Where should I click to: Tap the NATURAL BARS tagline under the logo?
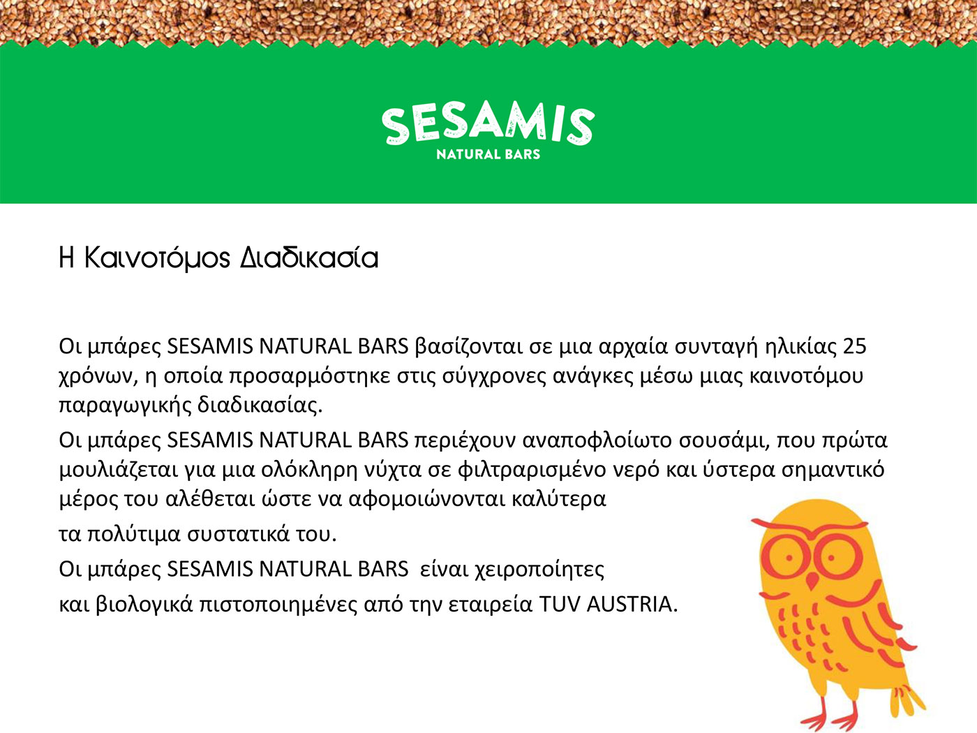pyautogui.click(x=488, y=154)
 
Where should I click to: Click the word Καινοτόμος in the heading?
pyautogui.click(x=157, y=258)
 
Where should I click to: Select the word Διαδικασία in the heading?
pyautogui.click(x=309, y=258)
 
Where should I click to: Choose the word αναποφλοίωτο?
pyautogui.click(x=597, y=440)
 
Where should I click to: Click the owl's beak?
pyautogui.click(x=813, y=580)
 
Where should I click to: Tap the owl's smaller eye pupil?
pyautogui.click(x=789, y=558)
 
